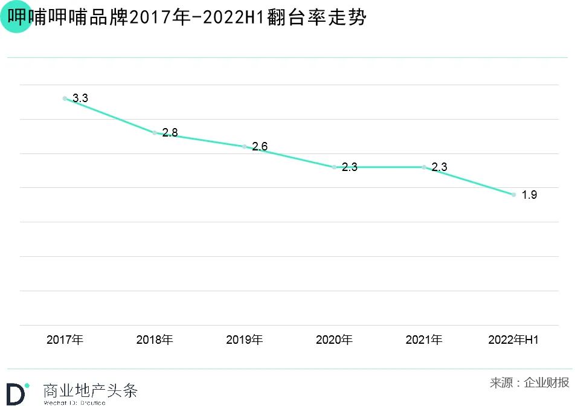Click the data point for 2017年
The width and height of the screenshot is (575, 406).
[65, 98]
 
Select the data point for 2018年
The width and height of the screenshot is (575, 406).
[155, 133]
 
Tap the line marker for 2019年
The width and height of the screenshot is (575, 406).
[245, 147]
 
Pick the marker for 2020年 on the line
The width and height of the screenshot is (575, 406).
[334, 167]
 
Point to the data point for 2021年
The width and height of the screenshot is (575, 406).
[424, 167]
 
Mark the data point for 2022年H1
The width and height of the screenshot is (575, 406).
[513, 195]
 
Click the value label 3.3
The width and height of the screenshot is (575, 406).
[80, 98]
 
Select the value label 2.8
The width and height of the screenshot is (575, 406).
[170, 133]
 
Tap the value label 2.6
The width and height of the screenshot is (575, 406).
[260, 147]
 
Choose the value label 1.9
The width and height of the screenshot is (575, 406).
[529, 195]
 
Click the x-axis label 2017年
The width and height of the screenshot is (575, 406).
[65, 340]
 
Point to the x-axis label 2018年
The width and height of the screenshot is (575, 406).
[155, 340]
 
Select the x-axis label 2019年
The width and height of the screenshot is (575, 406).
[245, 340]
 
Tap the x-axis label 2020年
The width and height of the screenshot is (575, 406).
[334, 340]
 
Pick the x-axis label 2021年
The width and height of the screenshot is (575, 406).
[424, 340]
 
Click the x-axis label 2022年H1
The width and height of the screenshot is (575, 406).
[513, 340]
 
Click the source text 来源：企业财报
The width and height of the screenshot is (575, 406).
[529, 382]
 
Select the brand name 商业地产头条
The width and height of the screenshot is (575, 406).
[91, 390]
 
